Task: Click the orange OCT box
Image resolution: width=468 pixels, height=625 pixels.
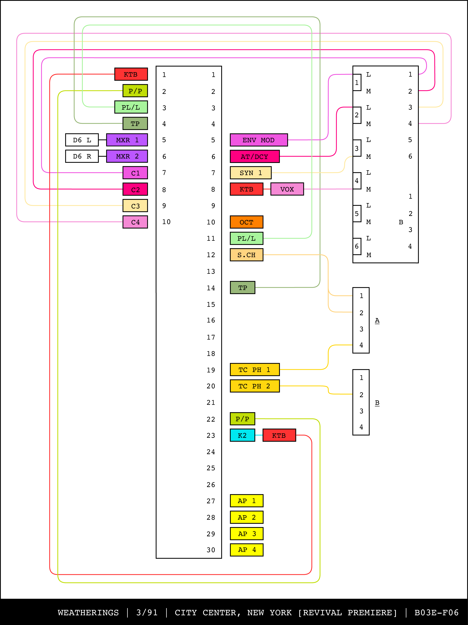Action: [x=246, y=222]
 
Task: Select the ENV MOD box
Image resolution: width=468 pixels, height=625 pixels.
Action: [x=259, y=140]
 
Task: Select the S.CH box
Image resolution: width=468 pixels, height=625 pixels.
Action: [x=246, y=255]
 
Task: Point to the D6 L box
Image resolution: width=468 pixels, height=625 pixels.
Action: [x=82, y=140]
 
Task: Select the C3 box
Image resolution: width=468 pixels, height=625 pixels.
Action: [x=135, y=206]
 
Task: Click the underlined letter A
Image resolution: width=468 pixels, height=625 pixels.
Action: [x=377, y=320]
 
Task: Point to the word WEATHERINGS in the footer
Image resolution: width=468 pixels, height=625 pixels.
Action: [x=88, y=613]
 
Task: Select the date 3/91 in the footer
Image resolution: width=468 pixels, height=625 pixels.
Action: [x=147, y=613]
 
